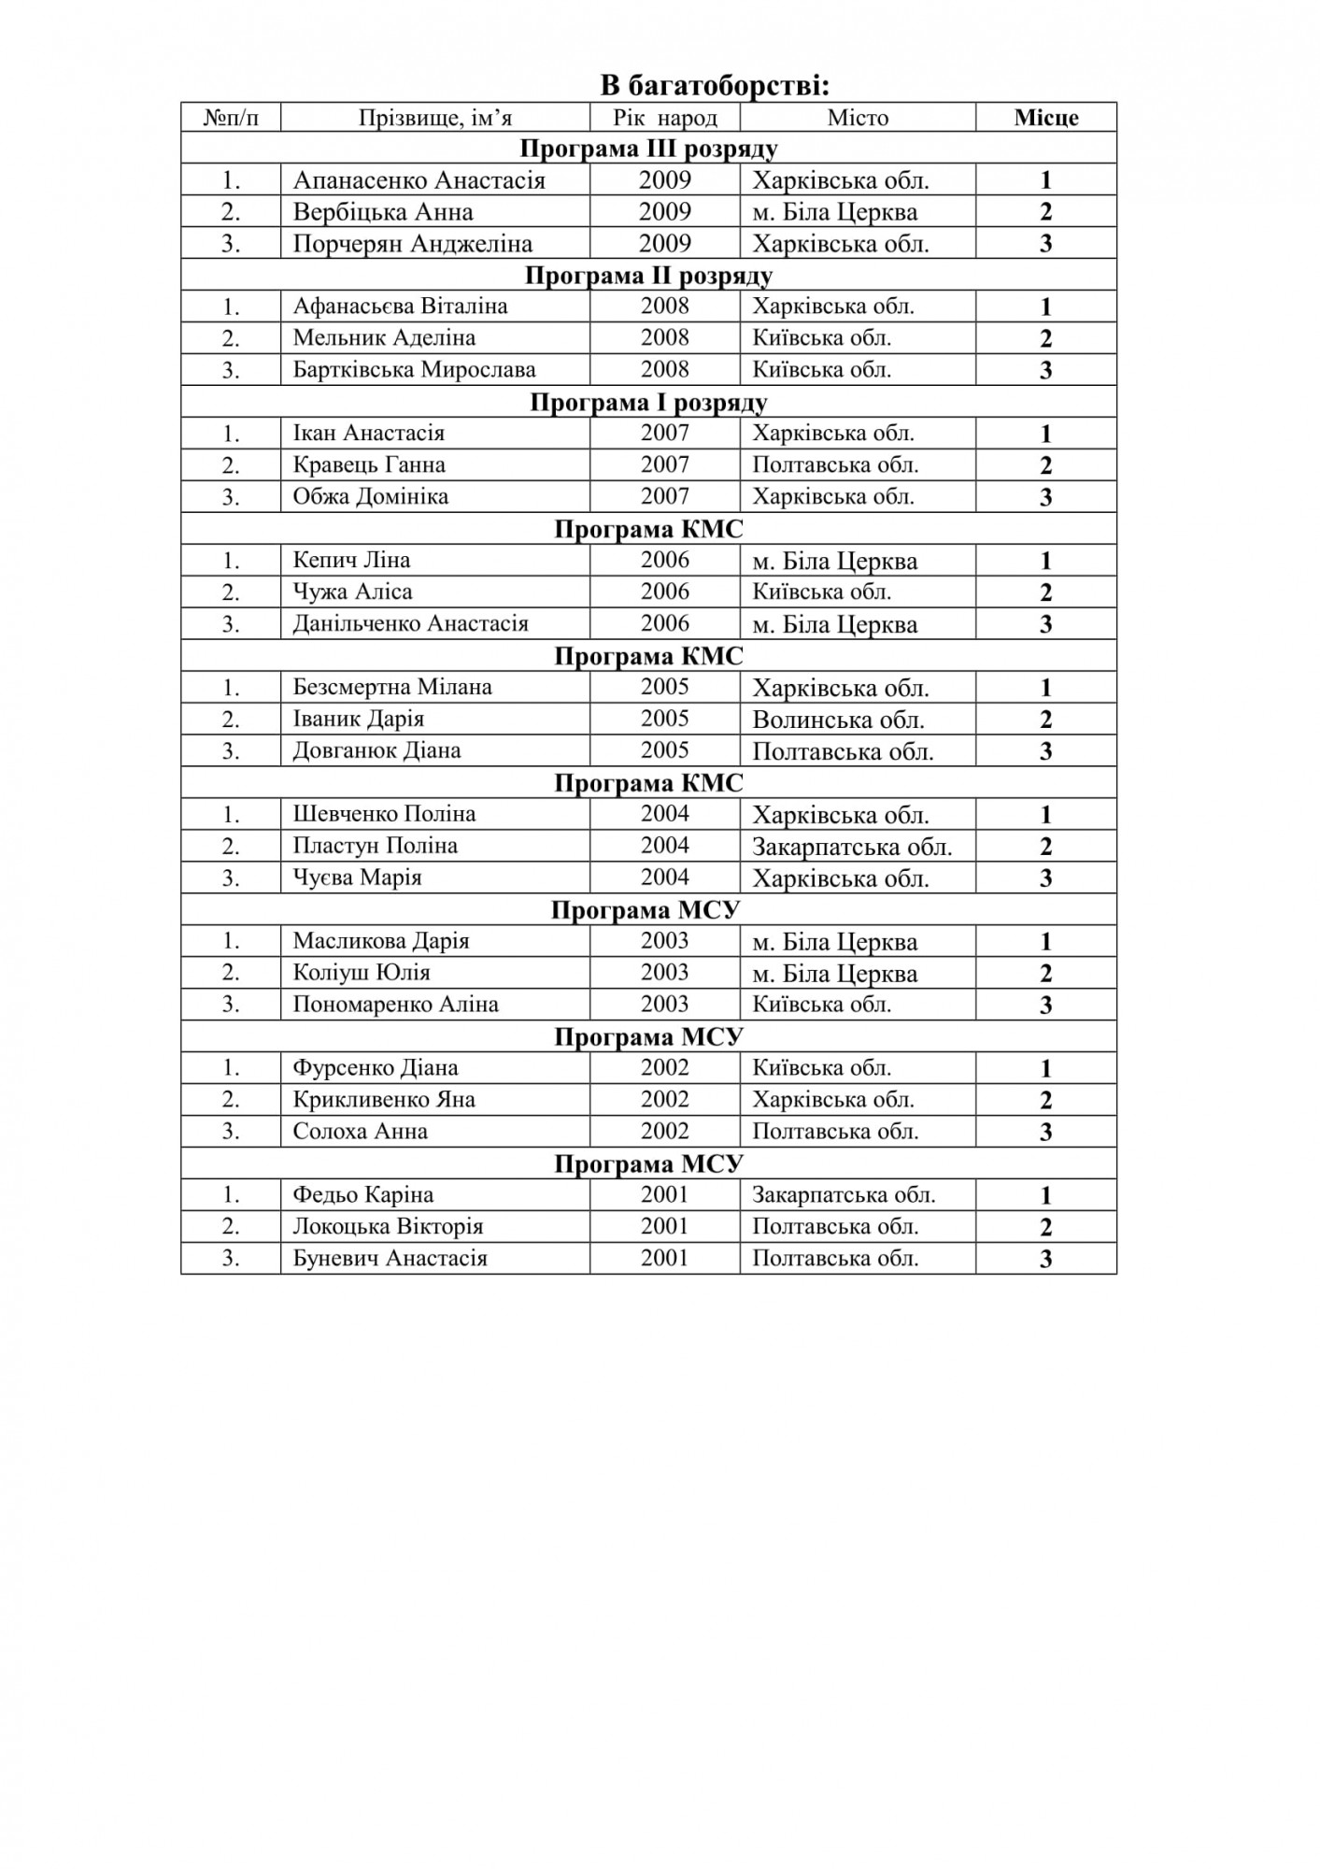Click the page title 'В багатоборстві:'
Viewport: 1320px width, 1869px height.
point(715,86)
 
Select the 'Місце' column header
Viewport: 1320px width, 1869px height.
point(1045,118)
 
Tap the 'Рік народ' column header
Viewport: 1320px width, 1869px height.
point(664,118)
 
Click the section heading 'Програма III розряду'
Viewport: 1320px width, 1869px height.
point(648,149)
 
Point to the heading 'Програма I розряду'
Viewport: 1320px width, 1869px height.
point(648,403)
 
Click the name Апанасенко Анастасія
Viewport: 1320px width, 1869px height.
point(419,180)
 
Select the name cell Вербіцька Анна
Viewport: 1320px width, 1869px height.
point(383,212)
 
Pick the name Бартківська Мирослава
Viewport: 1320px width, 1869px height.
point(414,370)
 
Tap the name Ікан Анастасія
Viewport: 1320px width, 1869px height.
point(368,434)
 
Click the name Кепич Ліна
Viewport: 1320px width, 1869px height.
point(351,561)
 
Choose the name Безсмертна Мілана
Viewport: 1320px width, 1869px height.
point(392,688)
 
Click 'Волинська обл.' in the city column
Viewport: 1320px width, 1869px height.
point(838,720)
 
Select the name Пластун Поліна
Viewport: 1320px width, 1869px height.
point(375,847)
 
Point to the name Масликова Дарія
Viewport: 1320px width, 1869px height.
point(381,941)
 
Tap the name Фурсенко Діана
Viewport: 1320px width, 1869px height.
point(376,1068)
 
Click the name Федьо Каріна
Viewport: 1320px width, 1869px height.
point(362,1195)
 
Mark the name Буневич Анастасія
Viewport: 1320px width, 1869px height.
point(390,1259)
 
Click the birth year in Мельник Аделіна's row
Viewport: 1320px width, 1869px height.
point(664,338)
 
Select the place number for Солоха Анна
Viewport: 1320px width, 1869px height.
point(1045,1132)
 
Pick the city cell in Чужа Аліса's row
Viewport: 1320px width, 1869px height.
point(822,592)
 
